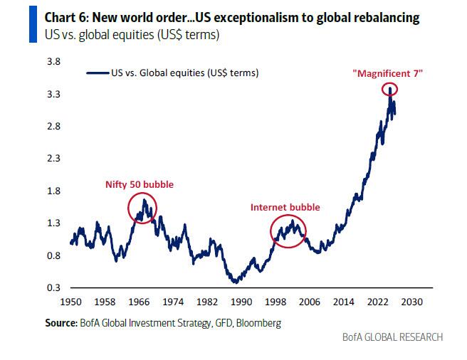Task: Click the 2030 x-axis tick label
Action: [412, 302]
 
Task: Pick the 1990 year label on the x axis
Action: [241, 302]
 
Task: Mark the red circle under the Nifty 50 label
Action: [142, 208]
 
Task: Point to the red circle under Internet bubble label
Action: [288, 230]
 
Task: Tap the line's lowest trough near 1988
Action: [235, 282]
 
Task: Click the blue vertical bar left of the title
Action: [31, 22]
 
